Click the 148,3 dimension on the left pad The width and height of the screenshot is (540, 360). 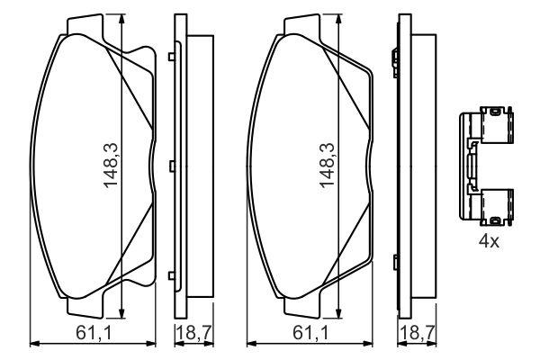(111, 165)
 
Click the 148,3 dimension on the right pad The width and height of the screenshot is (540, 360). (328, 165)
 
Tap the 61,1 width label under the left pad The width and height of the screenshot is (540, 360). (94, 333)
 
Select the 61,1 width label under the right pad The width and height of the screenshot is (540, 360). (311, 333)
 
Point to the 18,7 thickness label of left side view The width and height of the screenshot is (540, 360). (193, 333)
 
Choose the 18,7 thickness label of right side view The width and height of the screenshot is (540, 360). (418, 333)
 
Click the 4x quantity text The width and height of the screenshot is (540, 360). (489, 241)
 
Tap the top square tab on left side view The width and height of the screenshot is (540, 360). (172, 57)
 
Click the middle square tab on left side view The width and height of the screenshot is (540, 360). (173, 166)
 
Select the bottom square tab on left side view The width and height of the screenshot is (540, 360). (172, 275)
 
